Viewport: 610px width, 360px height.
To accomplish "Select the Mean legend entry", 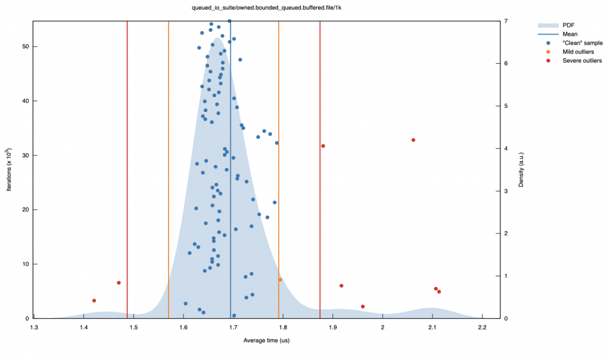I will point(570,34).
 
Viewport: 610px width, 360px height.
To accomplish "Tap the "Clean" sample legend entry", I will point(583,43).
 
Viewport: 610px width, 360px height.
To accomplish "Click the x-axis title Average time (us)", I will point(266,340).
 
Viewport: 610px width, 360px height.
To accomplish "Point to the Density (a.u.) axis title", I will point(521,170).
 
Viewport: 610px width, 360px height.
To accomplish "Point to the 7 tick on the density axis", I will point(505,21).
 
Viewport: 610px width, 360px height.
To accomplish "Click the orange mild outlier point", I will point(280,280).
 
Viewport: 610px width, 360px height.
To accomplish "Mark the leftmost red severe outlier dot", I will point(94,300).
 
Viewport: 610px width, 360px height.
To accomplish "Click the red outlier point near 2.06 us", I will point(413,140).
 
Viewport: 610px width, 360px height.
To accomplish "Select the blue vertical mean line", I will point(231,179).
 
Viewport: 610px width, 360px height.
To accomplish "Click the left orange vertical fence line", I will point(169,179).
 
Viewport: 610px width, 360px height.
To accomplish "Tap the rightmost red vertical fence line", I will point(320,179).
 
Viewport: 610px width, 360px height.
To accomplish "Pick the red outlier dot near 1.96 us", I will point(363,306).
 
